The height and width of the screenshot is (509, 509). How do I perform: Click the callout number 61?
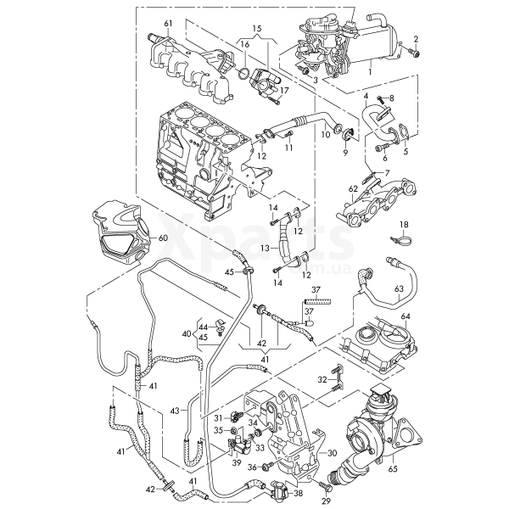pyautogui.click(x=168, y=22)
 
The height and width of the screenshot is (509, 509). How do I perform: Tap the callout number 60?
pyautogui.click(x=164, y=238)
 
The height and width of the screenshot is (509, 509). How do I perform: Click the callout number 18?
pyautogui.click(x=405, y=224)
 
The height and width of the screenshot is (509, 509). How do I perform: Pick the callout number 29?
pyautogui.click(x=326, y=501)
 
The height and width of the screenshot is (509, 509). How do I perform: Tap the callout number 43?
pyautogui.click(x=173, y=411)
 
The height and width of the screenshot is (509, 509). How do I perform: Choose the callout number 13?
pyautogui.click(x=265, y=248)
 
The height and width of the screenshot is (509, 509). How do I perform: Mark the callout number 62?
pyautogui.click(x=352, y=188)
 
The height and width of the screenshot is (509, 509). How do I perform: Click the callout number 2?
pyautogui.click(x=417, y=40)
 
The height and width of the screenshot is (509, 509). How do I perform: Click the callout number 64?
pyautogui.click(x=406, y=317)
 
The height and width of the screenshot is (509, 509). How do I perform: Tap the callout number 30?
pyautogui.click(x=333, y=454)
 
